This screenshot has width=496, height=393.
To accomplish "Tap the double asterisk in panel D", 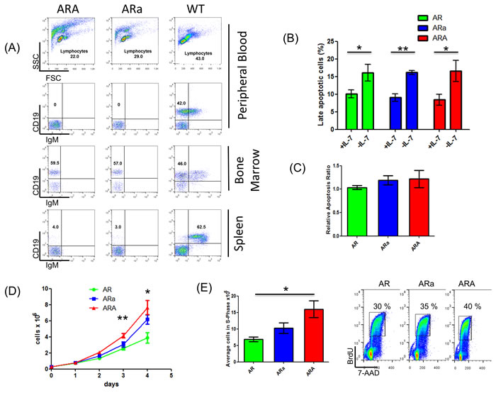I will [103, 319].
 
